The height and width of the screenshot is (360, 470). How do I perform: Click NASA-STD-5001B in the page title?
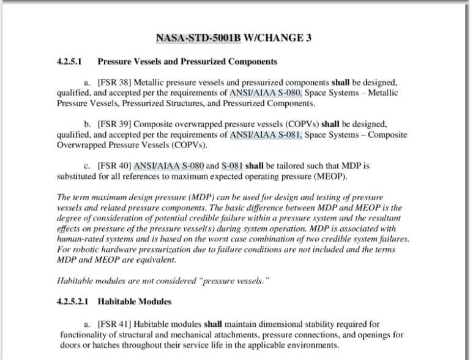pos(199,39)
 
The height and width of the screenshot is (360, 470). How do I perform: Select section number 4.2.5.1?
pos(69,62)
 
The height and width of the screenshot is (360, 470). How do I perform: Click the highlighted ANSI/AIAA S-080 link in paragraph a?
pos(266,92)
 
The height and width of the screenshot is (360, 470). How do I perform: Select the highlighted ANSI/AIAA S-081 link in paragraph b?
pos(266,135)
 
